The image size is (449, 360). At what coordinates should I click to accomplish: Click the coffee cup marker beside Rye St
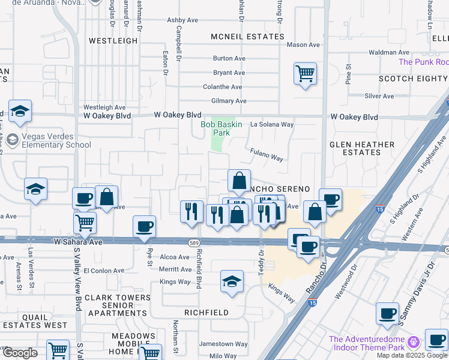144,227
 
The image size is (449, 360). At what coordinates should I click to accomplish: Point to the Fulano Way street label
267,158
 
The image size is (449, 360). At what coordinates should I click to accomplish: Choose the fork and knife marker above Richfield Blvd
191,211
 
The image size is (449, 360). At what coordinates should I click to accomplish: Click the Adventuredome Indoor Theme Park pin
412,343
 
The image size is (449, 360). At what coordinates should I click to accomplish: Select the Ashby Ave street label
182,20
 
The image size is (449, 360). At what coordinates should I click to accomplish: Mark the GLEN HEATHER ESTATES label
362,148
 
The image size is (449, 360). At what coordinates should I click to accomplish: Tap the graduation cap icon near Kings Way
232,281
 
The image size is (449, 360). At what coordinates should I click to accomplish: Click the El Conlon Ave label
104,271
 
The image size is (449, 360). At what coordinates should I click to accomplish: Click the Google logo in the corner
19,353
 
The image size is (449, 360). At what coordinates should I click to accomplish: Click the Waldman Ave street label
390,53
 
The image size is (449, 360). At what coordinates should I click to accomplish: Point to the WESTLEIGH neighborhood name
113,41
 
